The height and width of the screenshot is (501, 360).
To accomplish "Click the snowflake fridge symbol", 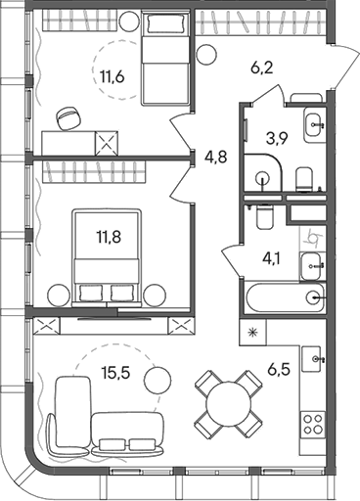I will [254, 334].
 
